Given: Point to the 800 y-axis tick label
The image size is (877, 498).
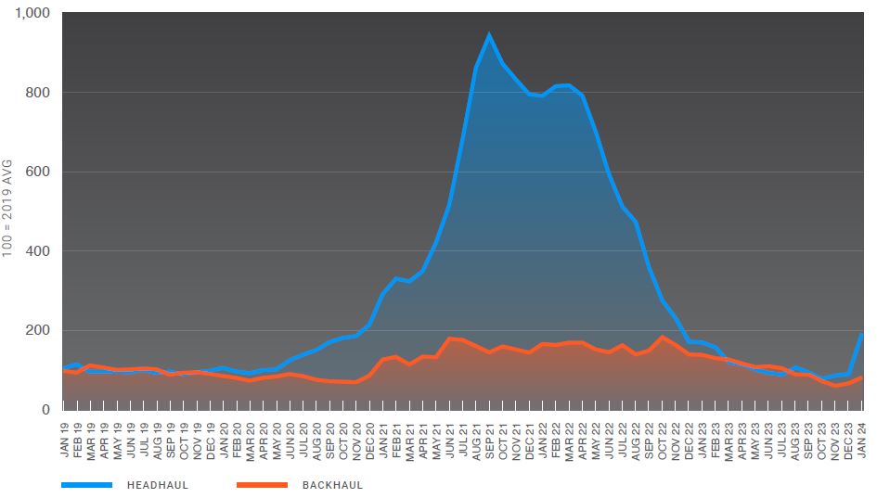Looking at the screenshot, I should click(38, 93).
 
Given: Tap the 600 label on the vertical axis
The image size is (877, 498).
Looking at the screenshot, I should click(38, 172).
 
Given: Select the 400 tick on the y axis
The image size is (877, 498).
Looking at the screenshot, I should click(38, 251).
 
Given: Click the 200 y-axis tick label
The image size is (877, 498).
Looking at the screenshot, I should click(38, 330).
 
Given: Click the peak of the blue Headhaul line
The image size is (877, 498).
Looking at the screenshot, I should click(489, 35).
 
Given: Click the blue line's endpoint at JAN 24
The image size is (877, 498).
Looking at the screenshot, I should click(862, 334).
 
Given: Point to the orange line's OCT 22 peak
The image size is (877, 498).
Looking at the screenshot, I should click(663, 337).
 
